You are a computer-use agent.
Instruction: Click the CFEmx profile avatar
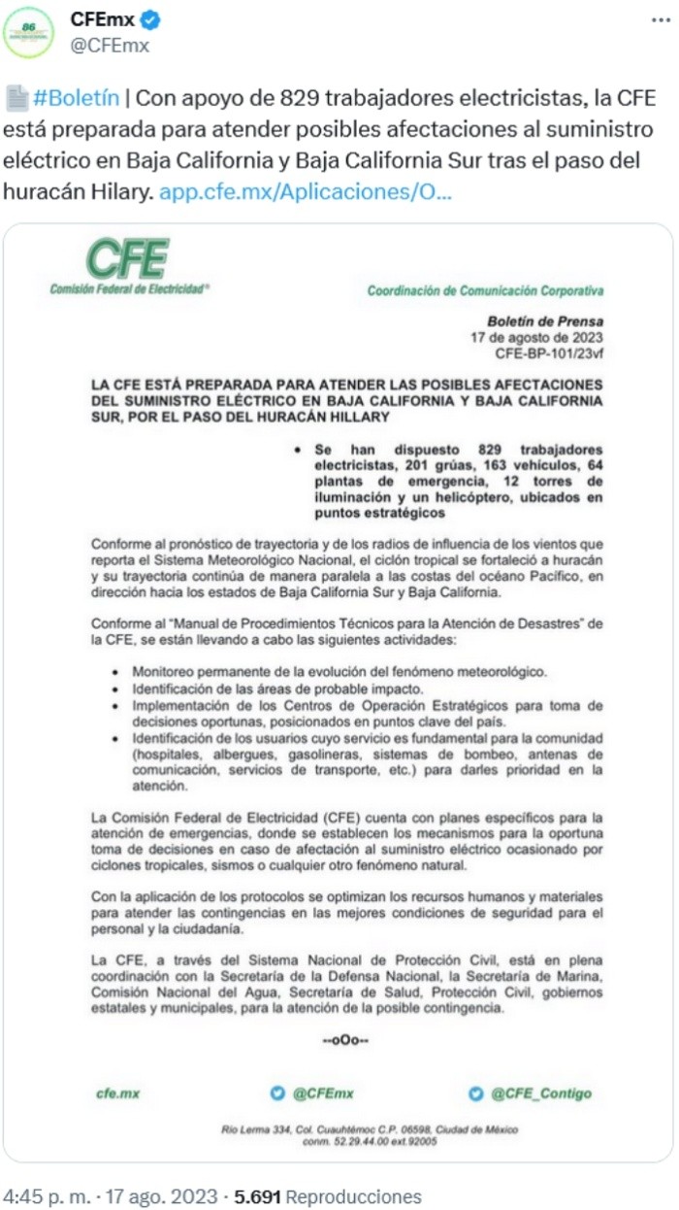(28, 31)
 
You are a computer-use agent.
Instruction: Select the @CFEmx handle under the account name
(110, 45)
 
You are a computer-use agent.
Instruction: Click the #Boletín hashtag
(77, 98)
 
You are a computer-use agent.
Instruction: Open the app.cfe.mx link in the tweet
(306, 191)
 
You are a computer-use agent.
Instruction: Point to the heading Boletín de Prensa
(545, 321)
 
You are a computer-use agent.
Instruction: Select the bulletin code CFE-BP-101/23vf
(549, 353)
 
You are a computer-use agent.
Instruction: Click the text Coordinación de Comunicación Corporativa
(485, 290)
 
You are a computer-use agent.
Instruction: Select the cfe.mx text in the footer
(118, 1093)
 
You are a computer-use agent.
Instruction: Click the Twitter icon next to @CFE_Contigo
(475, 1093)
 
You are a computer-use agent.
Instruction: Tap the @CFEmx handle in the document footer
(323, 1093)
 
